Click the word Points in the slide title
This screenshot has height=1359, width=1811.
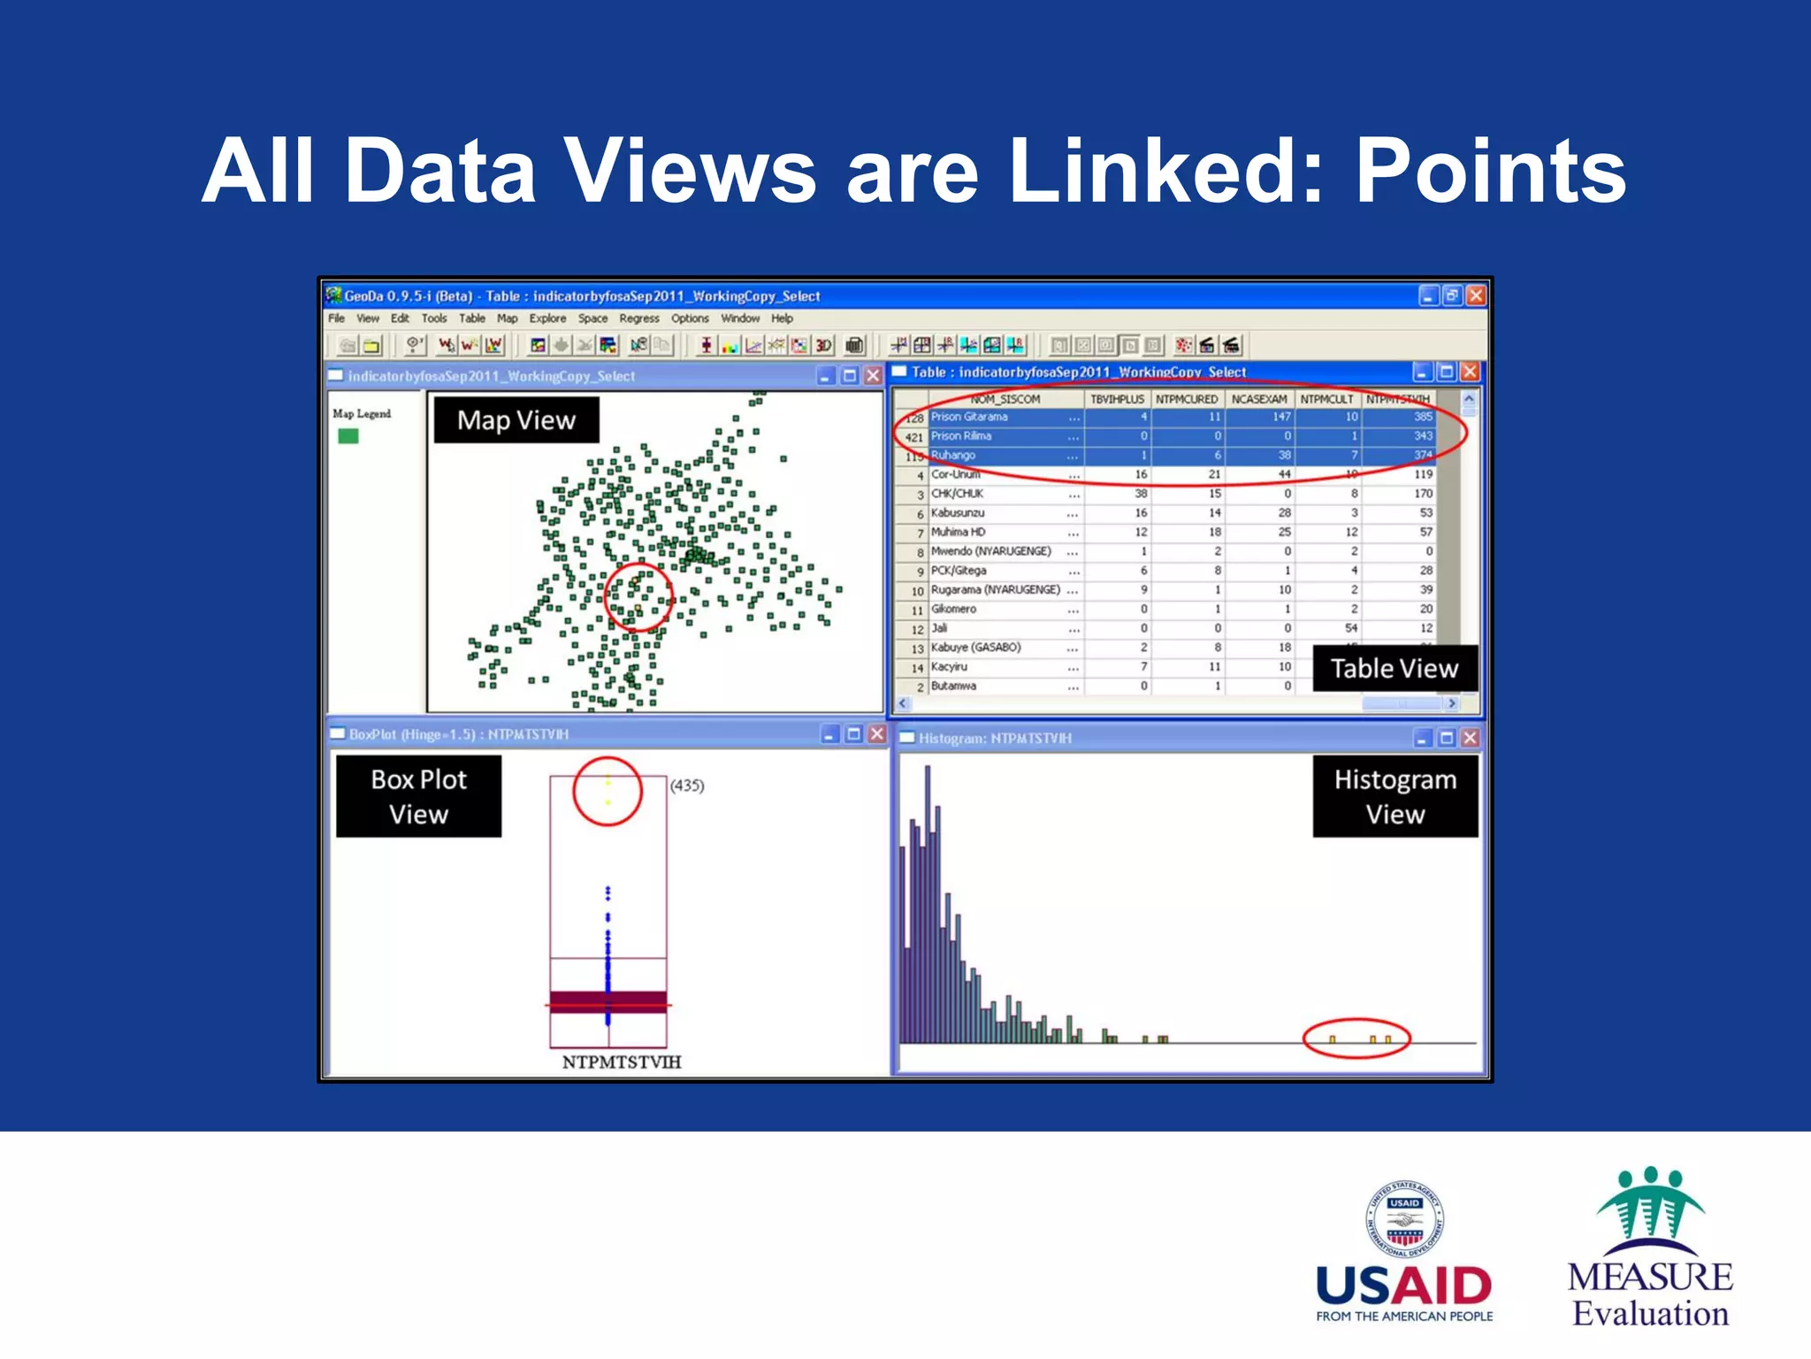(1490, 171)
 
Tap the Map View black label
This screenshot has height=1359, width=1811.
(516, 420)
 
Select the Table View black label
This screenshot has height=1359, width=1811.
(1394, 669)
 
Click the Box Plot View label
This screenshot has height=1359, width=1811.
(418, 796)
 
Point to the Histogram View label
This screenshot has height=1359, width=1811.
(1395, 796)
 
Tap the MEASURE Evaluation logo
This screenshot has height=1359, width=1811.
(1650, 1248)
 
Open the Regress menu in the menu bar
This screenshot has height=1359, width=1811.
(638, 319)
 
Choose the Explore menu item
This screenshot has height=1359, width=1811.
(547, 319)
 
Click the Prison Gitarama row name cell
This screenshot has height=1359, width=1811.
(969, 417)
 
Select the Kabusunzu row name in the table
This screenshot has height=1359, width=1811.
(958, 513)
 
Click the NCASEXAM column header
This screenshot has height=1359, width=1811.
(1259, 399)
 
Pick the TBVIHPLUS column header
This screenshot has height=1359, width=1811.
(1117, 399)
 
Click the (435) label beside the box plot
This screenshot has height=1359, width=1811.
(687, 786)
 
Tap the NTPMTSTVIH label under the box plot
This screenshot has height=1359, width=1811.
(622, 1062)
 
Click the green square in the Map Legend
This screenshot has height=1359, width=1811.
(348, 436)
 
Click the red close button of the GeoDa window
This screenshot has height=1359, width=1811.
(1475, 296)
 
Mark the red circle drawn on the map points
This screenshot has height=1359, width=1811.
(638, 597)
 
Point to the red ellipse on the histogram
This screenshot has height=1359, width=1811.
(1357, 1040)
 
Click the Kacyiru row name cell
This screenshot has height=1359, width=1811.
(949, 667)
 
